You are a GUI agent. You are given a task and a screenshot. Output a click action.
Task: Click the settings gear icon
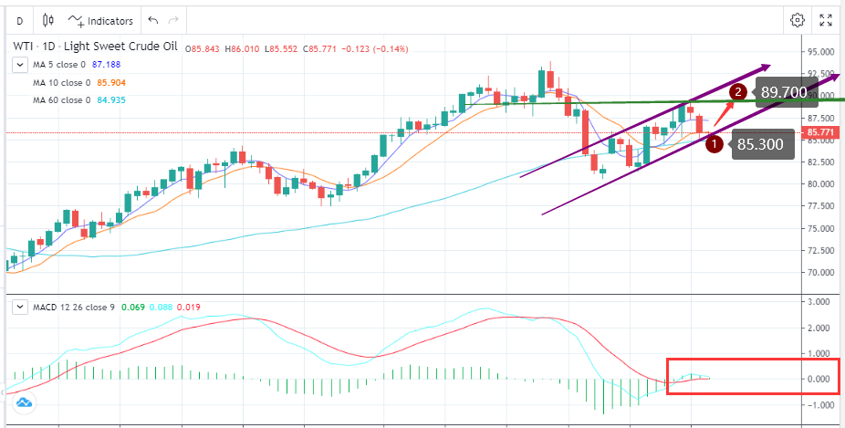point(798,20)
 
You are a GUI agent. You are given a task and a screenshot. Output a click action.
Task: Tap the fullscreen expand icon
point(826,20)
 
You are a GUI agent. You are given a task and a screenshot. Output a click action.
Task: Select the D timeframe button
point(19,20)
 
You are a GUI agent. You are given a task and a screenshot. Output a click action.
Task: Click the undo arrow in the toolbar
point(152,20)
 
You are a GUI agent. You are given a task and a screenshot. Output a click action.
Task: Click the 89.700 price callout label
point(783,92)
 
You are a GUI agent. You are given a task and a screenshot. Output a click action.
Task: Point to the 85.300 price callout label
point(760,143)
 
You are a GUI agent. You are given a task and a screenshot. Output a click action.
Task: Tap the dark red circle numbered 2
point(739,91)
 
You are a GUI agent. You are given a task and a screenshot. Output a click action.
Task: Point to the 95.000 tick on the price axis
point(822,52)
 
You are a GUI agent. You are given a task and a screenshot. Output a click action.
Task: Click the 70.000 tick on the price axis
point(822,273)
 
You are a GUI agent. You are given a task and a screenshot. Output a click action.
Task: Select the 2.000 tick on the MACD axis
point(820,328)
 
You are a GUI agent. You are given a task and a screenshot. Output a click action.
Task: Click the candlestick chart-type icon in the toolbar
point(48,20)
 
